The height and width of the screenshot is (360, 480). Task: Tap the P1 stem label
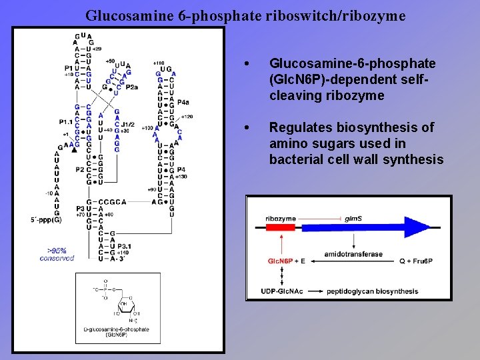tap(69, 68)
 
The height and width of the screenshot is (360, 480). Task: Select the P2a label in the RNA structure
tap(131, 86)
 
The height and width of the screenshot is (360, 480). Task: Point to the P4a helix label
tap(182, 102)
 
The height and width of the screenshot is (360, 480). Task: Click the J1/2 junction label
tap(127, 124)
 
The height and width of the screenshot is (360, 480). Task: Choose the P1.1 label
tap(65, 122)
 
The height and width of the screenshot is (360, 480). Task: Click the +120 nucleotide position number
tap(186, 116)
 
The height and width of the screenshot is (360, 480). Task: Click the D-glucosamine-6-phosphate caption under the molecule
tap(116, 331)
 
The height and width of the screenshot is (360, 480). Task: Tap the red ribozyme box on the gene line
tap(280, 227)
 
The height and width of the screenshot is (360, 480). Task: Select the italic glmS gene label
tap(353, 218)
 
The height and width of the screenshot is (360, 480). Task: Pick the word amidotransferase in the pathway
tap(353, 254)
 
